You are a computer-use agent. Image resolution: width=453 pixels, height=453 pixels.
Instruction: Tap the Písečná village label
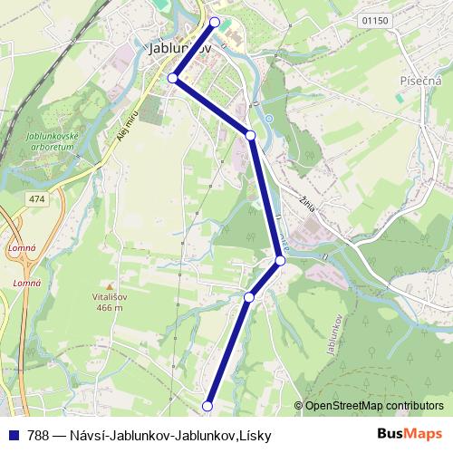point(420,81)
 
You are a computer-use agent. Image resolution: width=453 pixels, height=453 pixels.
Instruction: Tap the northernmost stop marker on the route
point(215,22)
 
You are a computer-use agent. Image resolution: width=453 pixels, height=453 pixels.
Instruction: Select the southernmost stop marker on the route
point(207,406)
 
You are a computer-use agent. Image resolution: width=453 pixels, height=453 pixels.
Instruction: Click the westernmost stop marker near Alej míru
point(173,78)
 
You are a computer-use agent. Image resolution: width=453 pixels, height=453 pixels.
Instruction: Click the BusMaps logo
point(410,435)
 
